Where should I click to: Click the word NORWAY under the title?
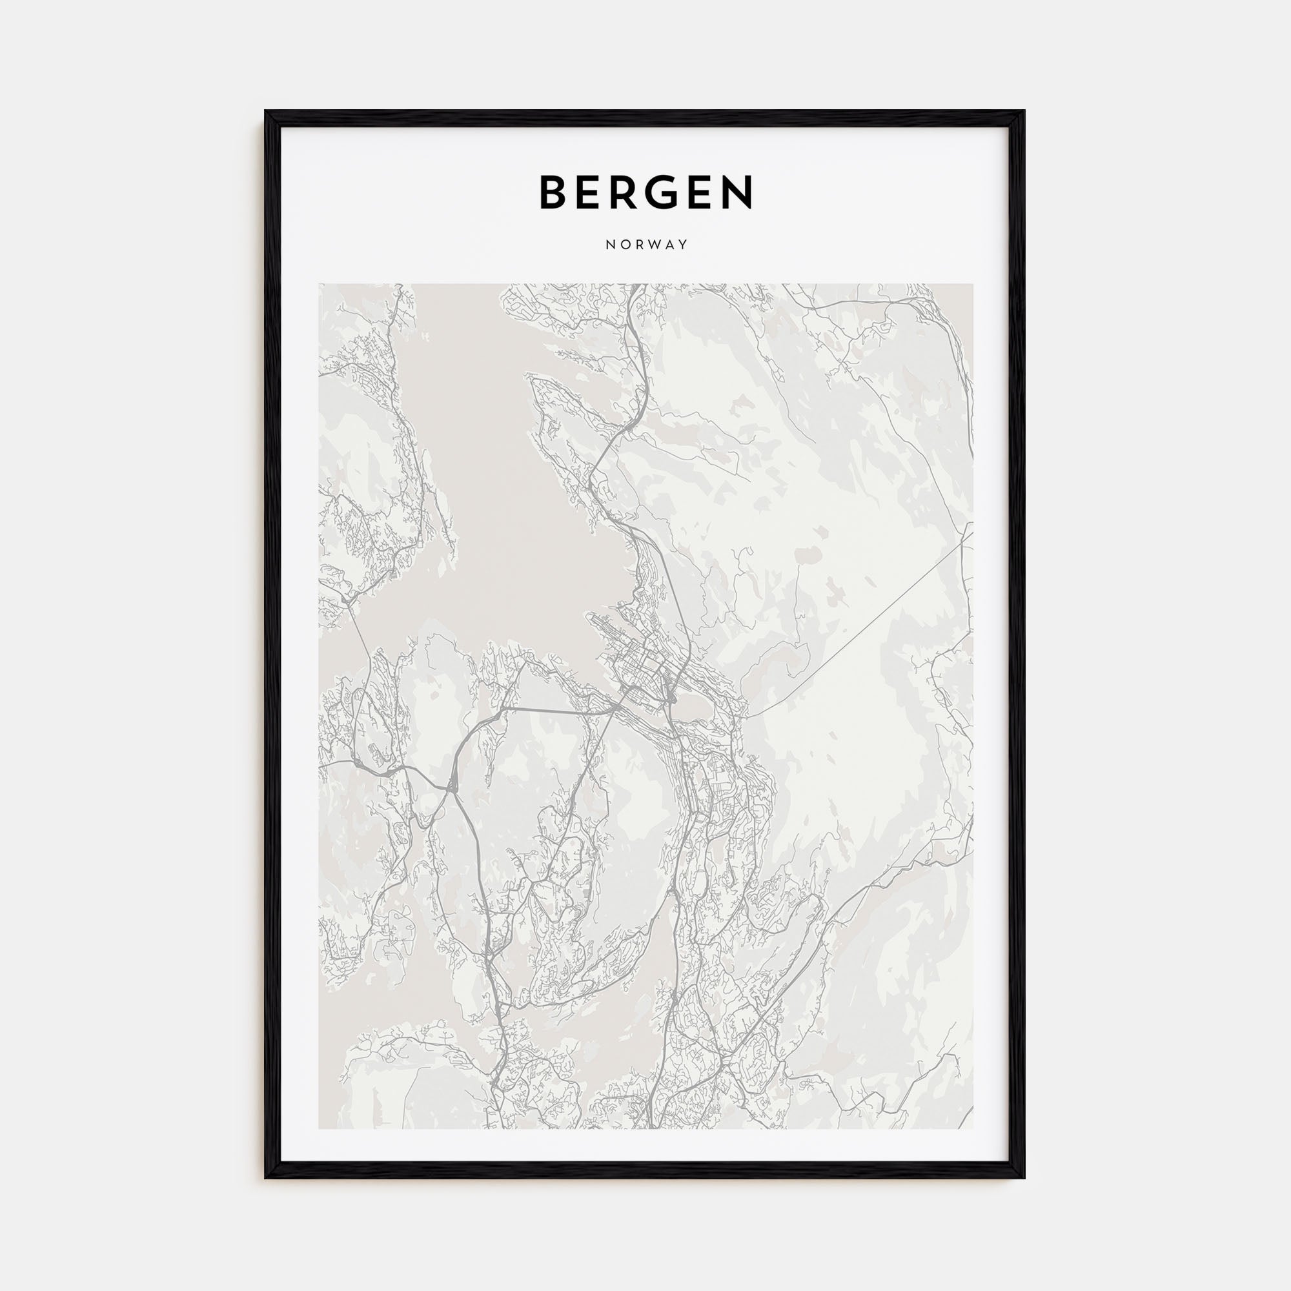pos(646,245)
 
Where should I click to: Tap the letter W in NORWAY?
pos(651,245)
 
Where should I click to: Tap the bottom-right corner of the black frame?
pos(1024,1177)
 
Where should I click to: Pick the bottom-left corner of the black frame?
pos(266,1177)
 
